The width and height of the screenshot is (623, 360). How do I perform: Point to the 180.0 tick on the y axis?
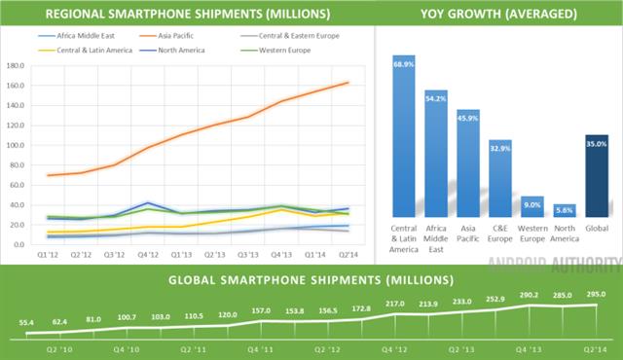[x=16, y=66]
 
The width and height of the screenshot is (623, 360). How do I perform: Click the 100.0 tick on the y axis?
[x=16, y=146]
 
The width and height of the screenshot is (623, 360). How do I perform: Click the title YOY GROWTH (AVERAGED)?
[x=497, y=14]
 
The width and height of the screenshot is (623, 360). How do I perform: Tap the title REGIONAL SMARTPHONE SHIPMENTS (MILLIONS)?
[x=186, y=14]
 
